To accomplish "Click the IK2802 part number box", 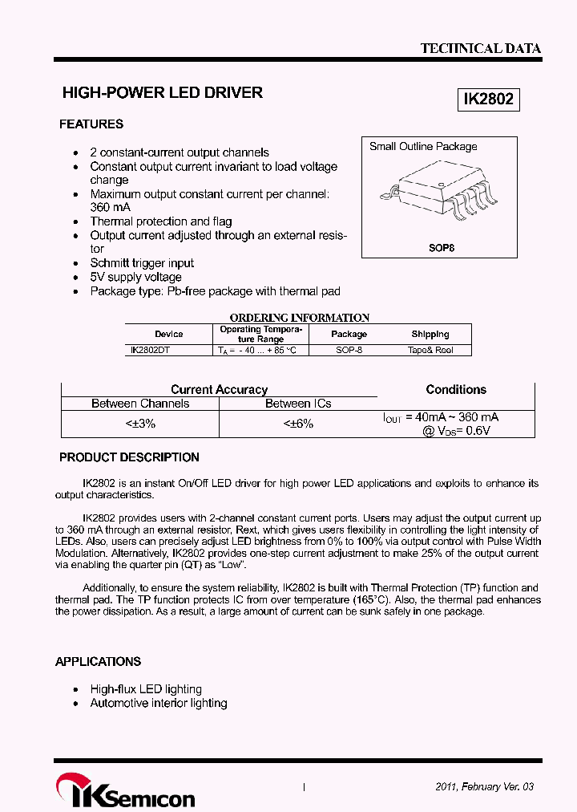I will pyautogui.click(x=489, y=99).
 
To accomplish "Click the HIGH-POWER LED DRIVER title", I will pyautogui.click(x=163, y=93).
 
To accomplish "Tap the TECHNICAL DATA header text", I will pyautogui.click(x=481, y=48).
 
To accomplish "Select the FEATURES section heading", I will pyautogui.click(x=91, y=124).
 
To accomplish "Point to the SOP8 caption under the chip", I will pyautogui.click(x=441, y=248).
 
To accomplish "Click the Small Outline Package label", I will pyautogui.click(x=423, y=147).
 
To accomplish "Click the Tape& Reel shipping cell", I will pyautogui.click(x=430, y=351).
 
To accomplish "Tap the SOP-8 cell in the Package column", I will pyautogui.click(x=349, y=351).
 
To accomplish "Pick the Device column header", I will pyautogui.click(x=168, y=334).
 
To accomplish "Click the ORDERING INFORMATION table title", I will pyautogui.click(x=299, y=318).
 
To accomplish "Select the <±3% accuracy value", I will pyautogui.click(x=140, y=423).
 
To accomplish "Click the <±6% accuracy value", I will pyautogui.click(x=298, y=423).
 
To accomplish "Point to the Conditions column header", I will pyautogui.click(x=456, y=390).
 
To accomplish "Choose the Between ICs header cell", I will pyautogui.click(x=298, y=404).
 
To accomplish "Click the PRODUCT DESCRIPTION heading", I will pyautogui.click(x=129, y=457).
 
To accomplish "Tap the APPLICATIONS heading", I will pyautogui.click(x=98, y=662).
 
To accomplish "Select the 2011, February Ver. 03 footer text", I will pyautogui.click(x=484, y=787).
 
